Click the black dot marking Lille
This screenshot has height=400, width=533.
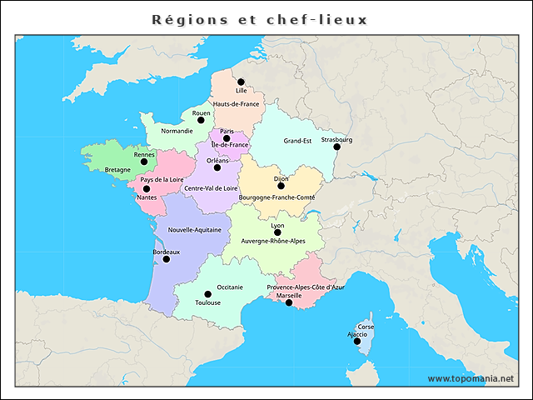click(241, 82)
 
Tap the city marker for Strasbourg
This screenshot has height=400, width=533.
click(337, 147)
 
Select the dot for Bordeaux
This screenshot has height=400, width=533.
click(166, 259)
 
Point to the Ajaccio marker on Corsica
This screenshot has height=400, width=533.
click(357, 342)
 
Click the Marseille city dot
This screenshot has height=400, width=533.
click(289, 303)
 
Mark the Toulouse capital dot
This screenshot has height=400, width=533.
click(208, 294)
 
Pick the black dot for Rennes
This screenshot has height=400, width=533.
click(144, 162)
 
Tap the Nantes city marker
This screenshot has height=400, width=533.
click(147, 189)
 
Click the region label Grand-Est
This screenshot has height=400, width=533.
click(297, 141)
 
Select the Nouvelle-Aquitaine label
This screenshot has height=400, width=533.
click(194, 229)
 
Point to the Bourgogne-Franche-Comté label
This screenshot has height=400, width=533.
click(276, 197)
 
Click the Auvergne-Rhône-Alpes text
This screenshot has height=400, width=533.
click(273, 241)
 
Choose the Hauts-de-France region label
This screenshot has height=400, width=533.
click(237, 103)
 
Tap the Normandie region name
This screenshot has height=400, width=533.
click(177, 131)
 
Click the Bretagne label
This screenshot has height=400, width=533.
click(117, 170)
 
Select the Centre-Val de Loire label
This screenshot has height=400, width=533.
click(212, 188)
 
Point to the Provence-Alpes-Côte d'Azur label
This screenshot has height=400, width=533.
click(306, 287)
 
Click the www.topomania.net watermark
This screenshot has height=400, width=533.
click(471, 378)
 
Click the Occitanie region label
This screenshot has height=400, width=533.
click(230, 287)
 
